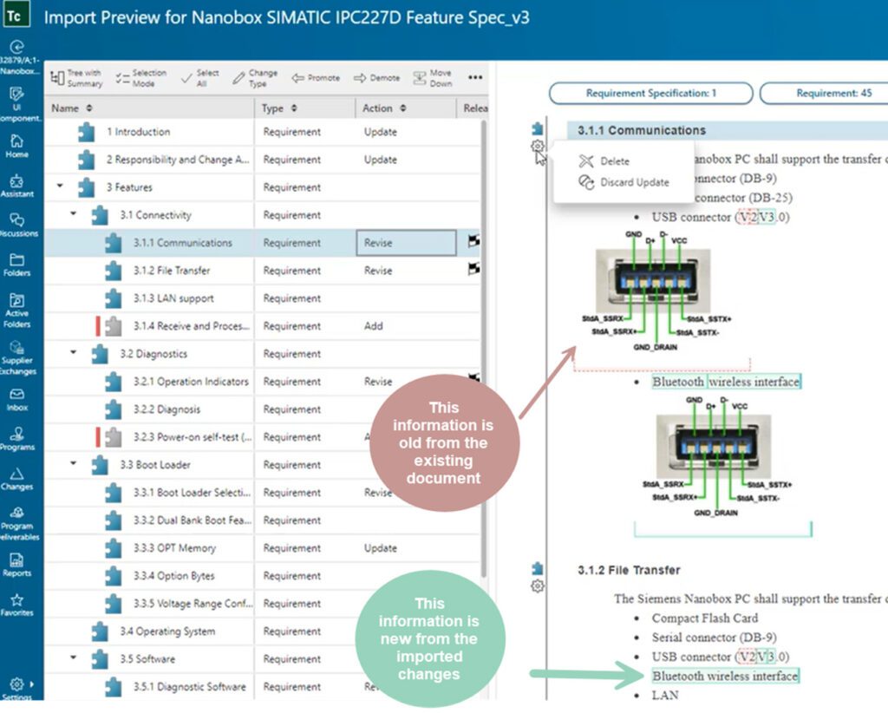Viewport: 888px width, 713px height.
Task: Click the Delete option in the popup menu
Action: [614, 161]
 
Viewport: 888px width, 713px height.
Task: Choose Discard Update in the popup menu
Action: [634, 182]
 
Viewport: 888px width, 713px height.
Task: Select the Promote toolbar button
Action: [316, 78]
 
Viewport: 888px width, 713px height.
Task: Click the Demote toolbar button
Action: [376, 78]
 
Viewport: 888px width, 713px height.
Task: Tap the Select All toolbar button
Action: [200, 78]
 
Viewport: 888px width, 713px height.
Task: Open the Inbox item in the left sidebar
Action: [17, 399]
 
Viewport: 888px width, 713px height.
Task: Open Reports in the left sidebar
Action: [17, 565]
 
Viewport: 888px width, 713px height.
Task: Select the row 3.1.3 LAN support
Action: [173, 298]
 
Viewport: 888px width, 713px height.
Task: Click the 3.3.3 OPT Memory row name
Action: [173, 548]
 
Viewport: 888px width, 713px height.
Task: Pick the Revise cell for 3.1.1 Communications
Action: [405, 243]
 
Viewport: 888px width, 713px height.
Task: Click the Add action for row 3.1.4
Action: [375, 326]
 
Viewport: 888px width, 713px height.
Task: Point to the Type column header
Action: [273, 108]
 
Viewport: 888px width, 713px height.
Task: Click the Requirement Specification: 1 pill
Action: [650, 93]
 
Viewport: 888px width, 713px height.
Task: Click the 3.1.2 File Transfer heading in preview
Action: [629, 570]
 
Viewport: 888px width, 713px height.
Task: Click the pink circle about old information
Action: [444, 442]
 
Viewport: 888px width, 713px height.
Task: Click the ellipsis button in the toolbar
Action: [475, 78]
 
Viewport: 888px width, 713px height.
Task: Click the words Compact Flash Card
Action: [705, 618]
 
